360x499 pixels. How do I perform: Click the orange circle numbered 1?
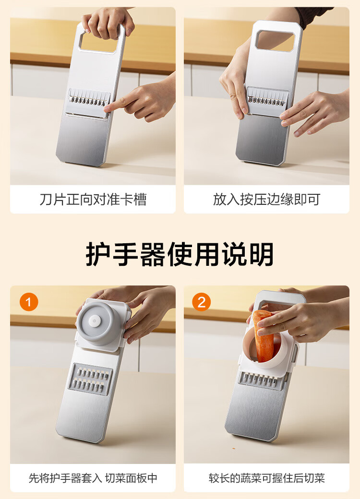pos(29,302)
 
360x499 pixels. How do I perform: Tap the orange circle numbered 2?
pos(202,302)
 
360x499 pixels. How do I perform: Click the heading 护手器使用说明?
pos(180,254)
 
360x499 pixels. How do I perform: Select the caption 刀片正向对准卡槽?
pos(93,200)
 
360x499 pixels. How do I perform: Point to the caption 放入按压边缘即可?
pos(266,200)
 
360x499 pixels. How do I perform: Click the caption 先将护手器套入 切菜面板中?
pos(93,478)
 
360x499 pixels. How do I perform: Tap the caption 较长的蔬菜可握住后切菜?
pos(266,478)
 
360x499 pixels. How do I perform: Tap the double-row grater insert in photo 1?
pos(90,379)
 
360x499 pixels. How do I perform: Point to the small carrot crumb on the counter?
pos(234,448)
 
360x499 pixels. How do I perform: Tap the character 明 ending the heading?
pos(261,254)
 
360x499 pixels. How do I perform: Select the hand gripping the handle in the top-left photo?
pos(107,22)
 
